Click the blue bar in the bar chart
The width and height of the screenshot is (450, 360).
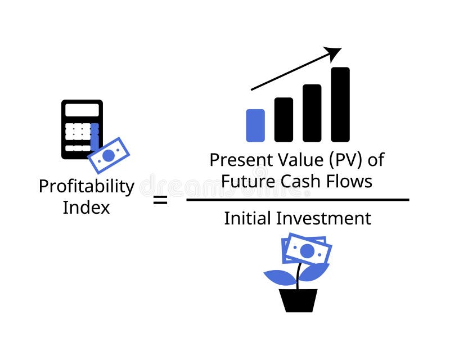tap(255, 125)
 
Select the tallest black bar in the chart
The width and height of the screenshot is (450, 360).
tap(340, 105)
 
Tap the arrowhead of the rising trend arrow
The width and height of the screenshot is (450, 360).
tap(335, 53)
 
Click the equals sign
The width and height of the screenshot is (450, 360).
tap(160, 199)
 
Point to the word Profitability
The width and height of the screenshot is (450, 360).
tap(86, 186)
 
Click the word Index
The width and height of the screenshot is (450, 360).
tap(86, 207)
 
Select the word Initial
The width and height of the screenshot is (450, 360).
tap(245, 218)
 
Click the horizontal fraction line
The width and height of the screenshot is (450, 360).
tap(298, 200)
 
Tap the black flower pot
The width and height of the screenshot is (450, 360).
tap(298, 300)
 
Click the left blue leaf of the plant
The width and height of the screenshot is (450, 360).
tap(280, 277)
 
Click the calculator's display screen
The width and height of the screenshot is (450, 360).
tap(82, 111)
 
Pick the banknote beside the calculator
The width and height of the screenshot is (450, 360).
tap(109, 155)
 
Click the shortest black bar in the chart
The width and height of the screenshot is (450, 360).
tap(283, 119)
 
